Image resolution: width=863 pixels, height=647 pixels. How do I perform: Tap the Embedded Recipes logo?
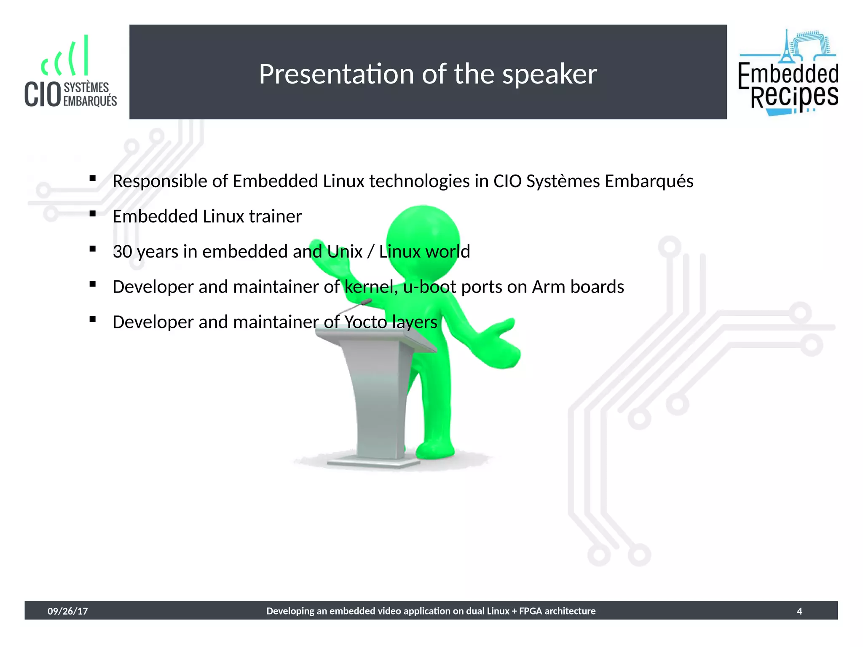(788, 73)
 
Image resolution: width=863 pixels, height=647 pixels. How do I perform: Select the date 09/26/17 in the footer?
(67, 611)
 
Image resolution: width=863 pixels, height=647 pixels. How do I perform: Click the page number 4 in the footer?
(799, 611)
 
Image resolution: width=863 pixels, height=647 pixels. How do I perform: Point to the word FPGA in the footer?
(531, 611)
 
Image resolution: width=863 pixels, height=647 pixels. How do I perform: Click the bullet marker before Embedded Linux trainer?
(93, 214)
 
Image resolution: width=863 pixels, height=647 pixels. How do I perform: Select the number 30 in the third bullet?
(122, 252)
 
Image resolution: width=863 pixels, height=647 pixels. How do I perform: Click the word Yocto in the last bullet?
(365, 322)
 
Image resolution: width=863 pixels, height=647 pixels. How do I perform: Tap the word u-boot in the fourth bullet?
(429, 287)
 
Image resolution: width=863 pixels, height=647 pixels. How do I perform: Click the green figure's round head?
(423, 240)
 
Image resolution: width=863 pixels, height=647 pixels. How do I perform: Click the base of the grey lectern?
(373, 462)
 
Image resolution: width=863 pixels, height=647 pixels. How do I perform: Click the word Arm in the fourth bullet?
(549, 287)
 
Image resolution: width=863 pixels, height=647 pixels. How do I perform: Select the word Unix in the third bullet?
(345, 252)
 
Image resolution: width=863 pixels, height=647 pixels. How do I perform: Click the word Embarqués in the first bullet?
(649, 182)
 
